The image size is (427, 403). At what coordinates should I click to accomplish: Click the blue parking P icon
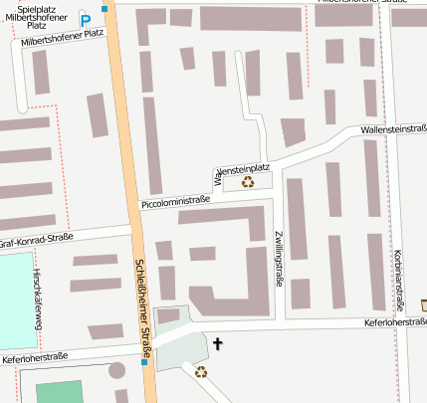coord(86,20)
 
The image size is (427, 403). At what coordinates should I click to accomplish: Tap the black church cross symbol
coord(218,344)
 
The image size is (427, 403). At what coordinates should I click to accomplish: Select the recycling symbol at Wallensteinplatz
coord(248,182)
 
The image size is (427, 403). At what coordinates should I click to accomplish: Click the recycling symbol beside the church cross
coord(201,372)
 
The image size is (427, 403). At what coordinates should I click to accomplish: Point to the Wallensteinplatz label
coord(244,168)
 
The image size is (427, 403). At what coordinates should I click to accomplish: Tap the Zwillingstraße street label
coord(279,259)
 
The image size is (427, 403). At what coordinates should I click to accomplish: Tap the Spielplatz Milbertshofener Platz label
coord(36,16)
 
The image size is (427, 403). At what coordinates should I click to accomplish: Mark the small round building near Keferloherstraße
coord(117,370)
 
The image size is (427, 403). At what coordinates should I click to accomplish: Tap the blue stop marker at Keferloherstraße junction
coord(144,362)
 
